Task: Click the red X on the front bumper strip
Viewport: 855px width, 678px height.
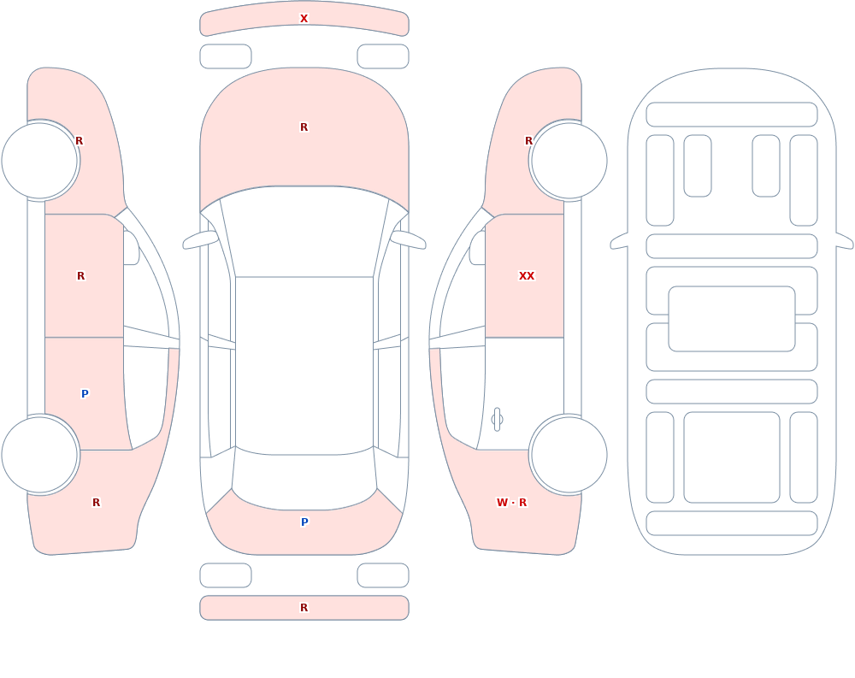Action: point(304,19)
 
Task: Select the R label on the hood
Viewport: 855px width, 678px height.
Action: point(304,127)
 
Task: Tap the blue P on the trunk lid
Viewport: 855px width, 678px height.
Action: point(304,522)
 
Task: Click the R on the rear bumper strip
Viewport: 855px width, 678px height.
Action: point(304,608)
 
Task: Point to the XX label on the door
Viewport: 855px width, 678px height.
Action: point(526,276)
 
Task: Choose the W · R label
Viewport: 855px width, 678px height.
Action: point(511,503)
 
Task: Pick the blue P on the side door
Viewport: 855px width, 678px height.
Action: point(85,394)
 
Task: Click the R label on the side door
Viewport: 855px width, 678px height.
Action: point(80,276)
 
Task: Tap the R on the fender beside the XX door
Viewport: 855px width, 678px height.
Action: point(528,141)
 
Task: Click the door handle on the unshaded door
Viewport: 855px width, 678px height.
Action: point(497,420)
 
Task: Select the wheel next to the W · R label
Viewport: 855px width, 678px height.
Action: point(569,454)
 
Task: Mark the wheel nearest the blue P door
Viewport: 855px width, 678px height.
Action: point(40,454)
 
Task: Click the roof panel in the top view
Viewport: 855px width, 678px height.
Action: point(304,365)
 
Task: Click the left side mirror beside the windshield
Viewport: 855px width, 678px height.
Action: point(200,239)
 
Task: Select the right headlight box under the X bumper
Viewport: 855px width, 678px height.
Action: point(383,56)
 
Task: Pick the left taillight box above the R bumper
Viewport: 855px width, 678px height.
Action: point(226,575)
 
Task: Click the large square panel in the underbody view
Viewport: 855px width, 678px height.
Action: point(732,457)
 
